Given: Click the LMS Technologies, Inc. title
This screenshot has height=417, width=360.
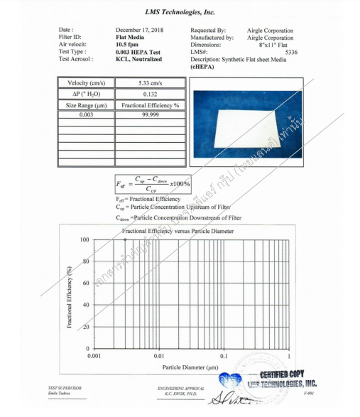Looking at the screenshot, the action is click(x=180, y=12).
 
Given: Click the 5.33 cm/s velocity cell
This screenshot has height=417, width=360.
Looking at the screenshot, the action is click(x=150, y=83).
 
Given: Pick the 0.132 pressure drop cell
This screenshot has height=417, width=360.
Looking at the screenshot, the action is click(x=150, y=94).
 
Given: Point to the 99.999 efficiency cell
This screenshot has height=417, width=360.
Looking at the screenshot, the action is click(x=150, y=114).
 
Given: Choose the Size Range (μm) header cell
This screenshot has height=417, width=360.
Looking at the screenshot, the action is click(x=86, y=104).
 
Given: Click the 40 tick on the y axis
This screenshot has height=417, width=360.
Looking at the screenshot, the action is click(x=86, y=305).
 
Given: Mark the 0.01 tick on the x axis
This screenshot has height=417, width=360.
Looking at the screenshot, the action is click(x=159, y=354).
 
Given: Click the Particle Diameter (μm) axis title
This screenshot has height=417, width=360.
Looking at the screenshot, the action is click(x=190, y=367).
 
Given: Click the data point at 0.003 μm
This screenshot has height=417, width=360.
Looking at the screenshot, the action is click(x=125, y=240).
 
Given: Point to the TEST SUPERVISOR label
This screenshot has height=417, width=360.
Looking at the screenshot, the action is click(x=65, y=388).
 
